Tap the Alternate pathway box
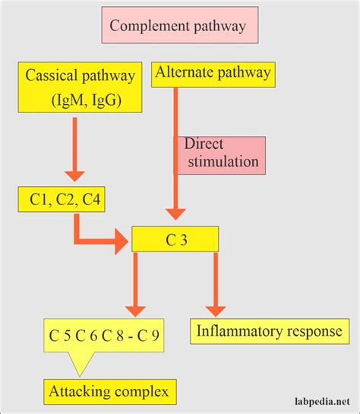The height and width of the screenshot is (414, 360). coord(213,73)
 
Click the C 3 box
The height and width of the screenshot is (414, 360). coord(175,239)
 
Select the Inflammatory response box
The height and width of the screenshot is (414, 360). coord(269,331)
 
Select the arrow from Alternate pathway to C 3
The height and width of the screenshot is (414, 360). coord(176,152)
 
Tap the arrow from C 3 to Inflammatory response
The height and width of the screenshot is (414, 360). coord(216,285)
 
